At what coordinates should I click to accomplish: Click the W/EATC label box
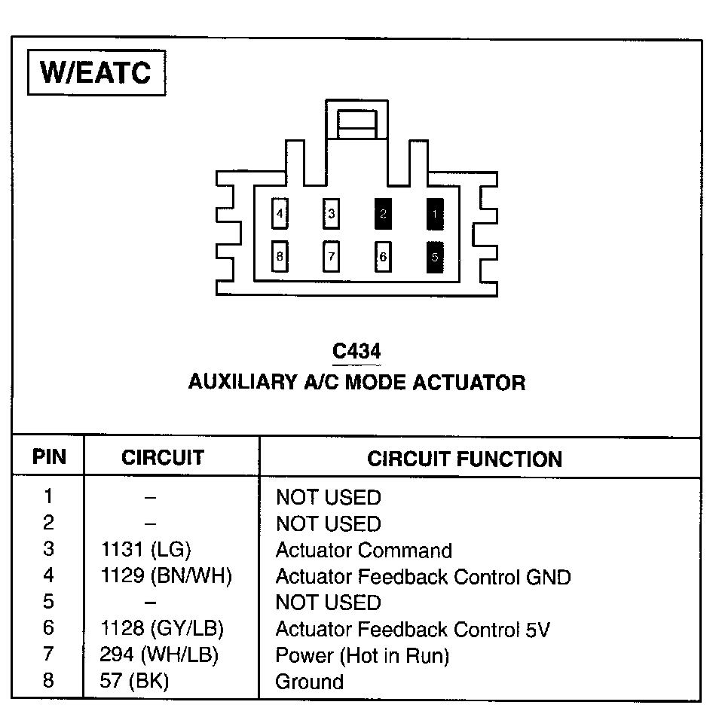[96, 72]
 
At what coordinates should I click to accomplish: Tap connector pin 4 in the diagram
[280, 214]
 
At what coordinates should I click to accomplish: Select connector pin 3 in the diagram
[331, 214]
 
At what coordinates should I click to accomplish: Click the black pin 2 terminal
[383, 214]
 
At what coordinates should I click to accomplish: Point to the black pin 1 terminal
[435, 214]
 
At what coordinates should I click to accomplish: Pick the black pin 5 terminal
[435, 257]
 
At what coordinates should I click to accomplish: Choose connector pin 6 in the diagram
[383, 257]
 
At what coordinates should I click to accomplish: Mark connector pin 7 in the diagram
[331, 257]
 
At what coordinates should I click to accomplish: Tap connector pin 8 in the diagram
[280, 257]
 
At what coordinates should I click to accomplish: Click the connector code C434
[356, 351]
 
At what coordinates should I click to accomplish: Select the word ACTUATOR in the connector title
[472, 382]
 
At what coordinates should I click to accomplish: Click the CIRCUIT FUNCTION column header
[464, 459]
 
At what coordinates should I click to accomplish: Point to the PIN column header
[49, 457]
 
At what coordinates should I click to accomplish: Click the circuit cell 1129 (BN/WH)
[166, 577]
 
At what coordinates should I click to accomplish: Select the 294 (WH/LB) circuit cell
[159, 655]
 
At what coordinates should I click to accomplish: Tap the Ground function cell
[309, 682]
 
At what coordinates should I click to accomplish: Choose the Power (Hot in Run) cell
[362, 655]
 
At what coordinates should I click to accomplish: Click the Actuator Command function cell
[363, 551]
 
